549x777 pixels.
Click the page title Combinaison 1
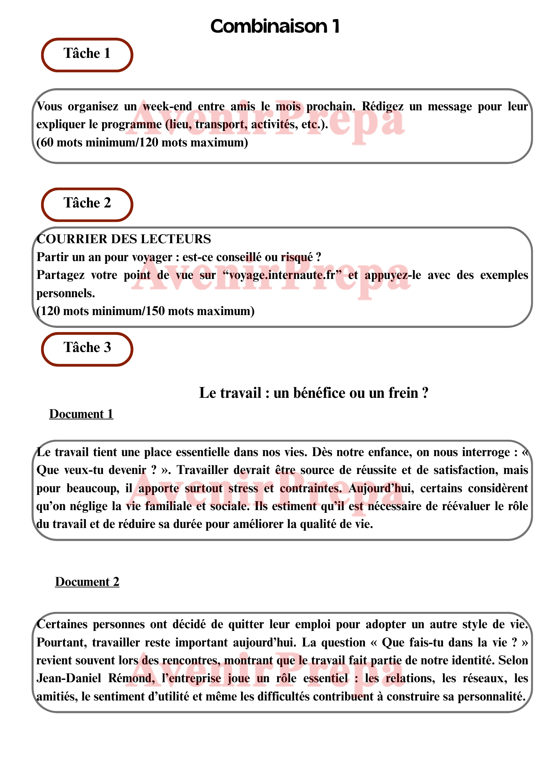tap(275, 26)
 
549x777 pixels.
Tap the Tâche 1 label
tap(87, 54)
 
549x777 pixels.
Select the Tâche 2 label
tap(87, 203)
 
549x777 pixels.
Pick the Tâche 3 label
tap(87, 348)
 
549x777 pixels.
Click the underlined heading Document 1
tap(81, 414)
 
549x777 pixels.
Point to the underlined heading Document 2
tap(87, 582)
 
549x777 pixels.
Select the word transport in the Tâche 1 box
tap(221, 125)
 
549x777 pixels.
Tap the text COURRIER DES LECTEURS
tap(124, 239)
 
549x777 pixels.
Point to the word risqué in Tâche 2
tap(297, 257)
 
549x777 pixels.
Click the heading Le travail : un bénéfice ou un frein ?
tap(313, 393)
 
